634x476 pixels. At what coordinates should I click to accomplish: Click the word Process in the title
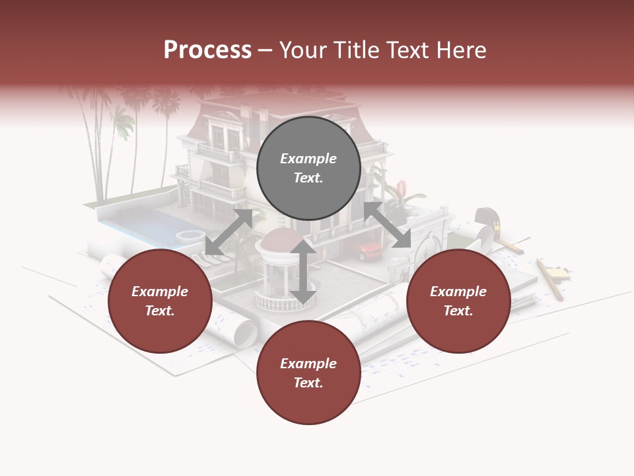click(207, 50)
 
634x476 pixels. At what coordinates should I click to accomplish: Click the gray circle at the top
click(308, 168)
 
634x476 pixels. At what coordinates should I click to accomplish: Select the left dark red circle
click(160, 301)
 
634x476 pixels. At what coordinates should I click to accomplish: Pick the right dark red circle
click(458, 301)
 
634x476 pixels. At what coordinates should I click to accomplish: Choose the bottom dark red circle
click(308, 373)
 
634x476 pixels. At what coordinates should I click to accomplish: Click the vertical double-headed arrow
click(303, 271)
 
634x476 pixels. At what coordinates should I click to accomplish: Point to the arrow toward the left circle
click(229, 231)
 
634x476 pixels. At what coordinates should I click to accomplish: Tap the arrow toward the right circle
click(387, 225)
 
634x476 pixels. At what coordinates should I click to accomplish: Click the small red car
click(370, 250)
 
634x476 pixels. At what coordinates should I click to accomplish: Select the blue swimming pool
click(142, 225)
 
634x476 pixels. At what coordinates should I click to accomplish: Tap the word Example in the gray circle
click(308, 159)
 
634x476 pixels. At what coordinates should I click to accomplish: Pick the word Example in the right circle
click(458, 292)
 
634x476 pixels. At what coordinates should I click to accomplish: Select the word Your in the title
click(302, 50)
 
